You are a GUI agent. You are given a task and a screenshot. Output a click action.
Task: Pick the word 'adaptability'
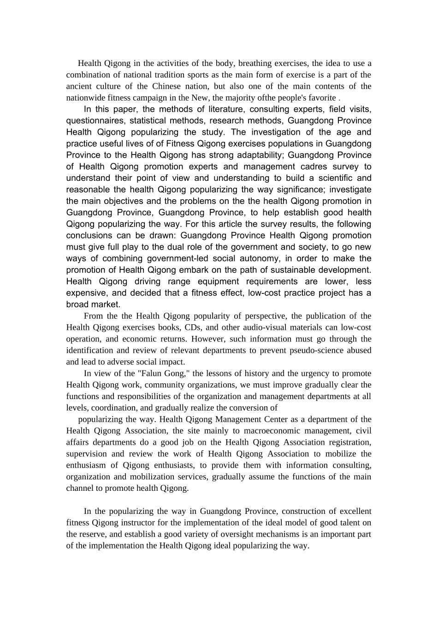pos(260,155)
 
